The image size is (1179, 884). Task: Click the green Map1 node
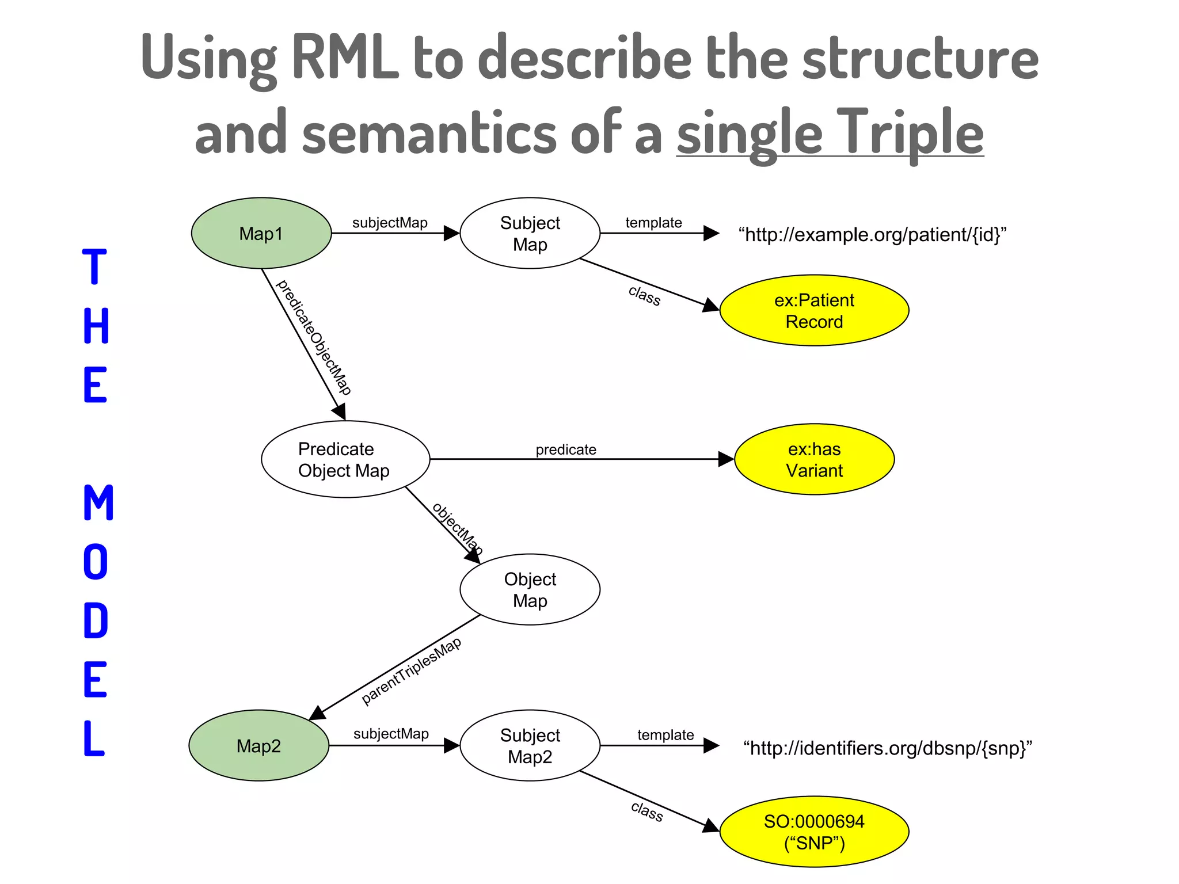(261, 233)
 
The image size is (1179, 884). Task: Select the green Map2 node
(258, 745)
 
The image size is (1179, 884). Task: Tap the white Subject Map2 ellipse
(530, 745)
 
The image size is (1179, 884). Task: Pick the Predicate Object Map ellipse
(345, 459)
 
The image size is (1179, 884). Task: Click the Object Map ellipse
(530, 589)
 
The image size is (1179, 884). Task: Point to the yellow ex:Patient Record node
(814, 311)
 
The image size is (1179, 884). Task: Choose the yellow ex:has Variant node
(814, 459)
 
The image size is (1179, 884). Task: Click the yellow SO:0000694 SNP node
(814, 832)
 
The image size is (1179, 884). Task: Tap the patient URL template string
(872, 235)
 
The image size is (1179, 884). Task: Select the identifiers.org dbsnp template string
(887, 748)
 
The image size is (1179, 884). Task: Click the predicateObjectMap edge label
(314, 337)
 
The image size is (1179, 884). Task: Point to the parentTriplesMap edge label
(411, 670)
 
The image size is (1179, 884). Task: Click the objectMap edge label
(457, 528)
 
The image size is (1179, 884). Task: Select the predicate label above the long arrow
(566, 449)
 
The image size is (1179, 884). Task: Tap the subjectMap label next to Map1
(390, 223)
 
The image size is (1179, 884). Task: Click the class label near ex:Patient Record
(644, 295)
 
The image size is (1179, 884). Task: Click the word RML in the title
(345, 58)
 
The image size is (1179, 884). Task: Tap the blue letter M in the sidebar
(98, 502)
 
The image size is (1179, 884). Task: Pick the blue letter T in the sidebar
(95, 267)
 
